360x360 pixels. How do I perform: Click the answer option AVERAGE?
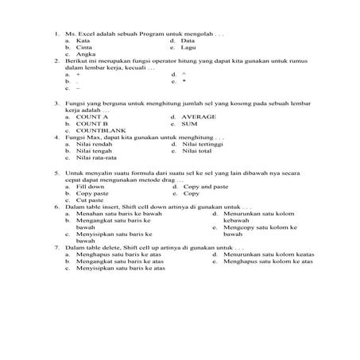tap(199, 117)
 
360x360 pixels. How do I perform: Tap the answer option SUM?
tap(190, 123)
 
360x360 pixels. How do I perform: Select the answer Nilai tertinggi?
tap(203, 144)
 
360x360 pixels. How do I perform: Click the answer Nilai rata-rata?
tap(99, 157)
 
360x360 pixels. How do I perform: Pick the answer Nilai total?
tap(196, 151)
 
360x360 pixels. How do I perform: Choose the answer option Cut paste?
tap(90, 199)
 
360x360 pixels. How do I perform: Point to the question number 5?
tap(56, 172)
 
